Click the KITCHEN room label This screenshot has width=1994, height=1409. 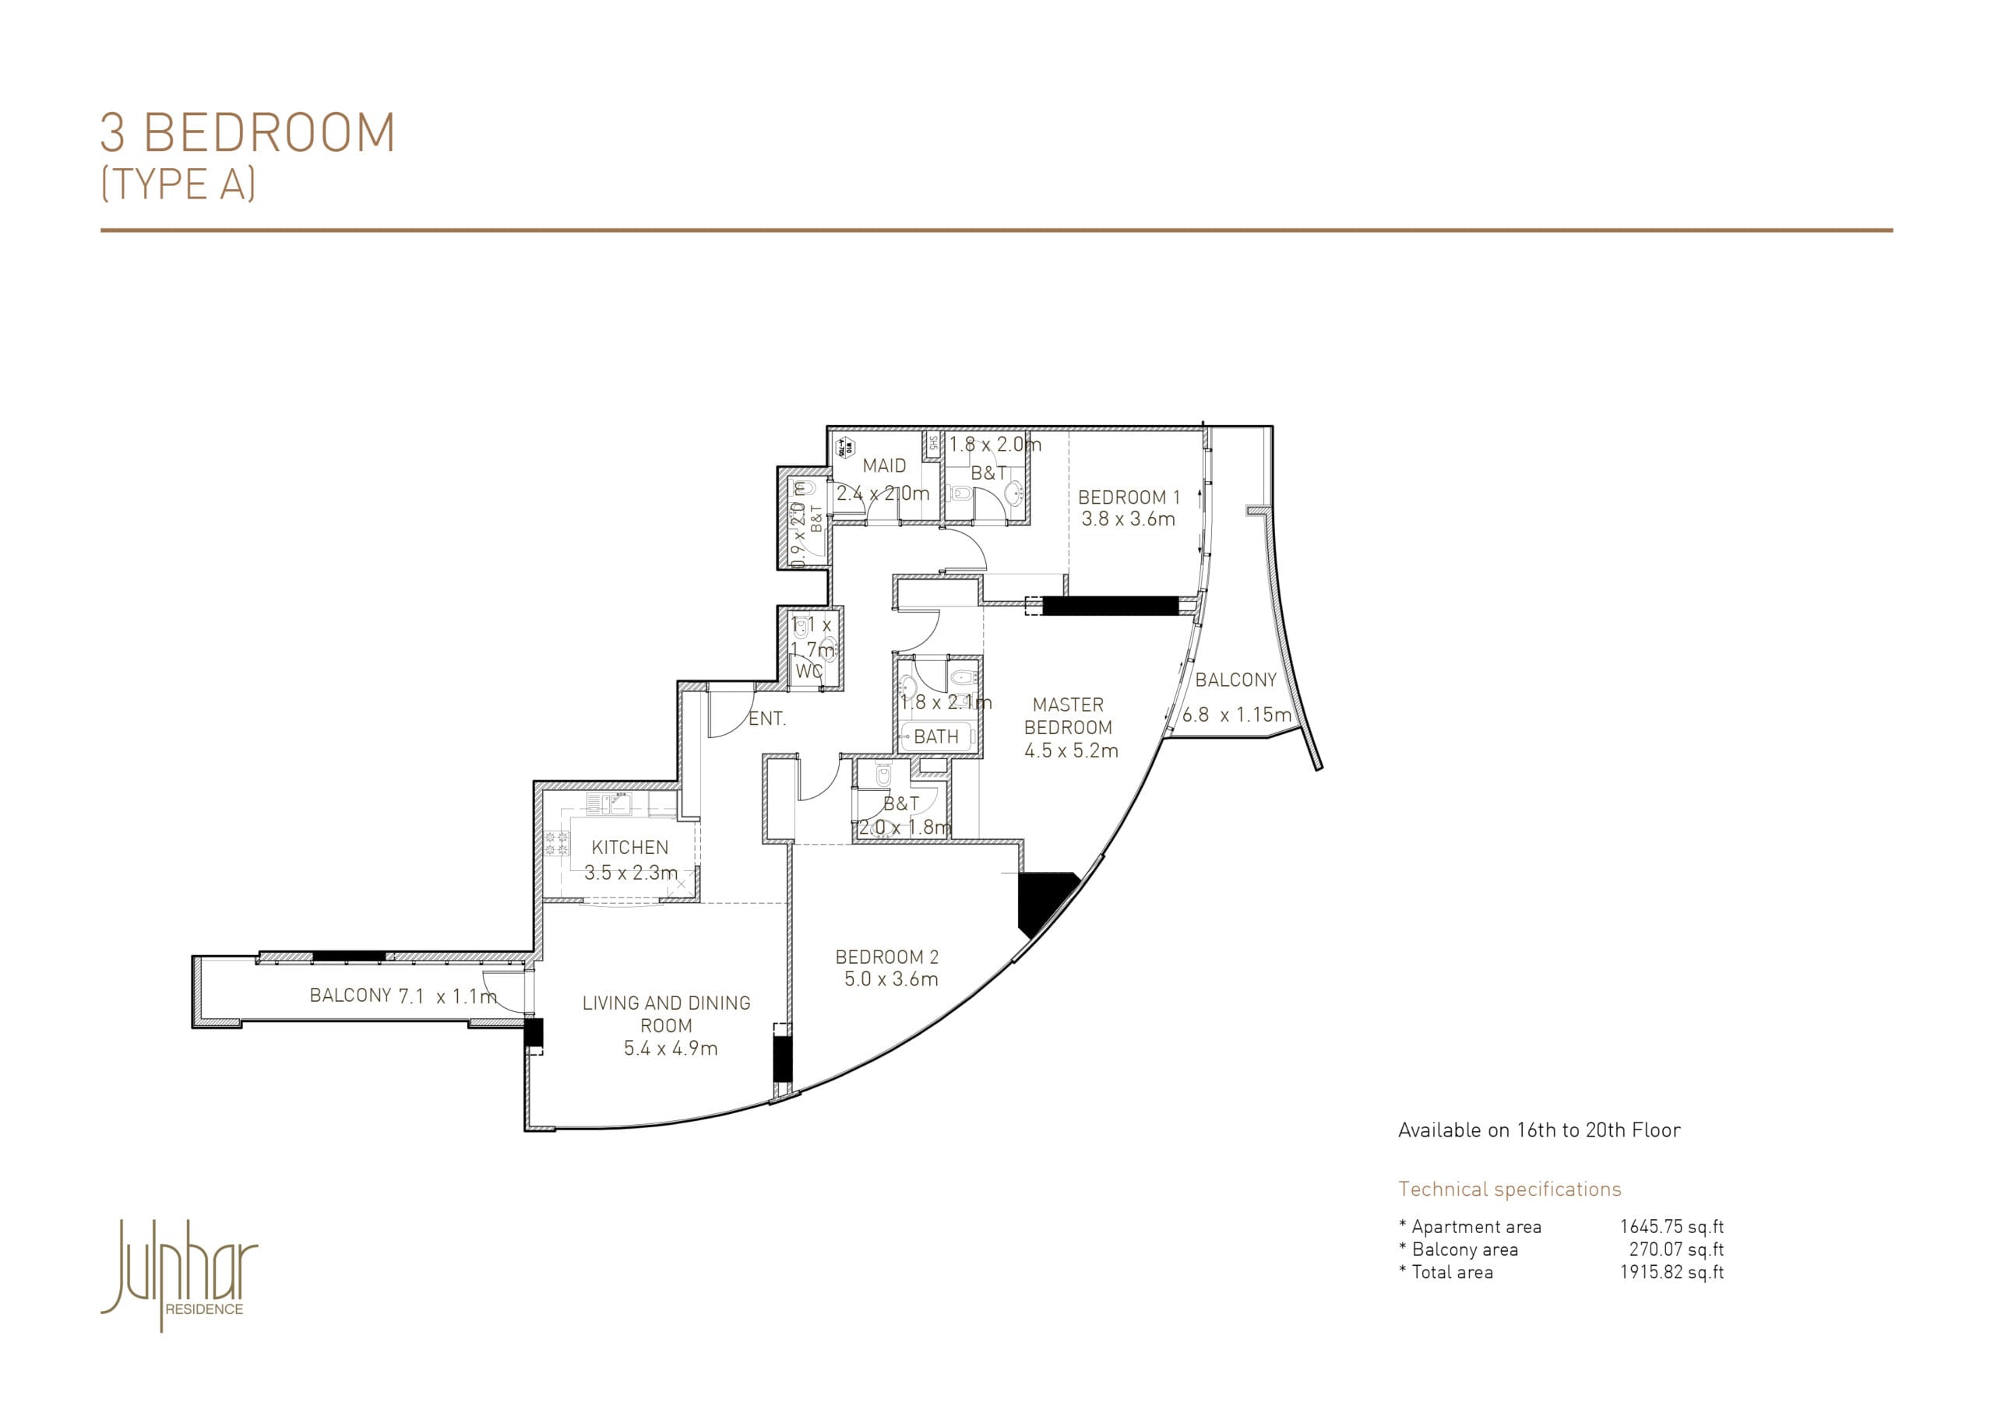629,847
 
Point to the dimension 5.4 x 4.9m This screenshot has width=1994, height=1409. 671,1048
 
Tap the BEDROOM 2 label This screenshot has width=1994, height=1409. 886,957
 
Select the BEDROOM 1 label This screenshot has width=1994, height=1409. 1128,497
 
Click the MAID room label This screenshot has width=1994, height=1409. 884,466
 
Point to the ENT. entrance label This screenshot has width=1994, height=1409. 767,719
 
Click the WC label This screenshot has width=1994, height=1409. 808,671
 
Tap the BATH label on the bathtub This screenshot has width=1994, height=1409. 936,737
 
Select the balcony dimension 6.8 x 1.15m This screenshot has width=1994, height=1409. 1236,715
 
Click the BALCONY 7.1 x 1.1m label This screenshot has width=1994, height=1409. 403,996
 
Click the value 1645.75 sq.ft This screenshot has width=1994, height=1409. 1671,1227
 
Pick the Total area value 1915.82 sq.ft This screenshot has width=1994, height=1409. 1671,1272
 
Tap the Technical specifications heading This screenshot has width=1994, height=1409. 1510,1189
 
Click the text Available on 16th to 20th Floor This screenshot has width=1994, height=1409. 1539,1130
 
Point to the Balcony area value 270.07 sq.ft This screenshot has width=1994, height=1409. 1675,1249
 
